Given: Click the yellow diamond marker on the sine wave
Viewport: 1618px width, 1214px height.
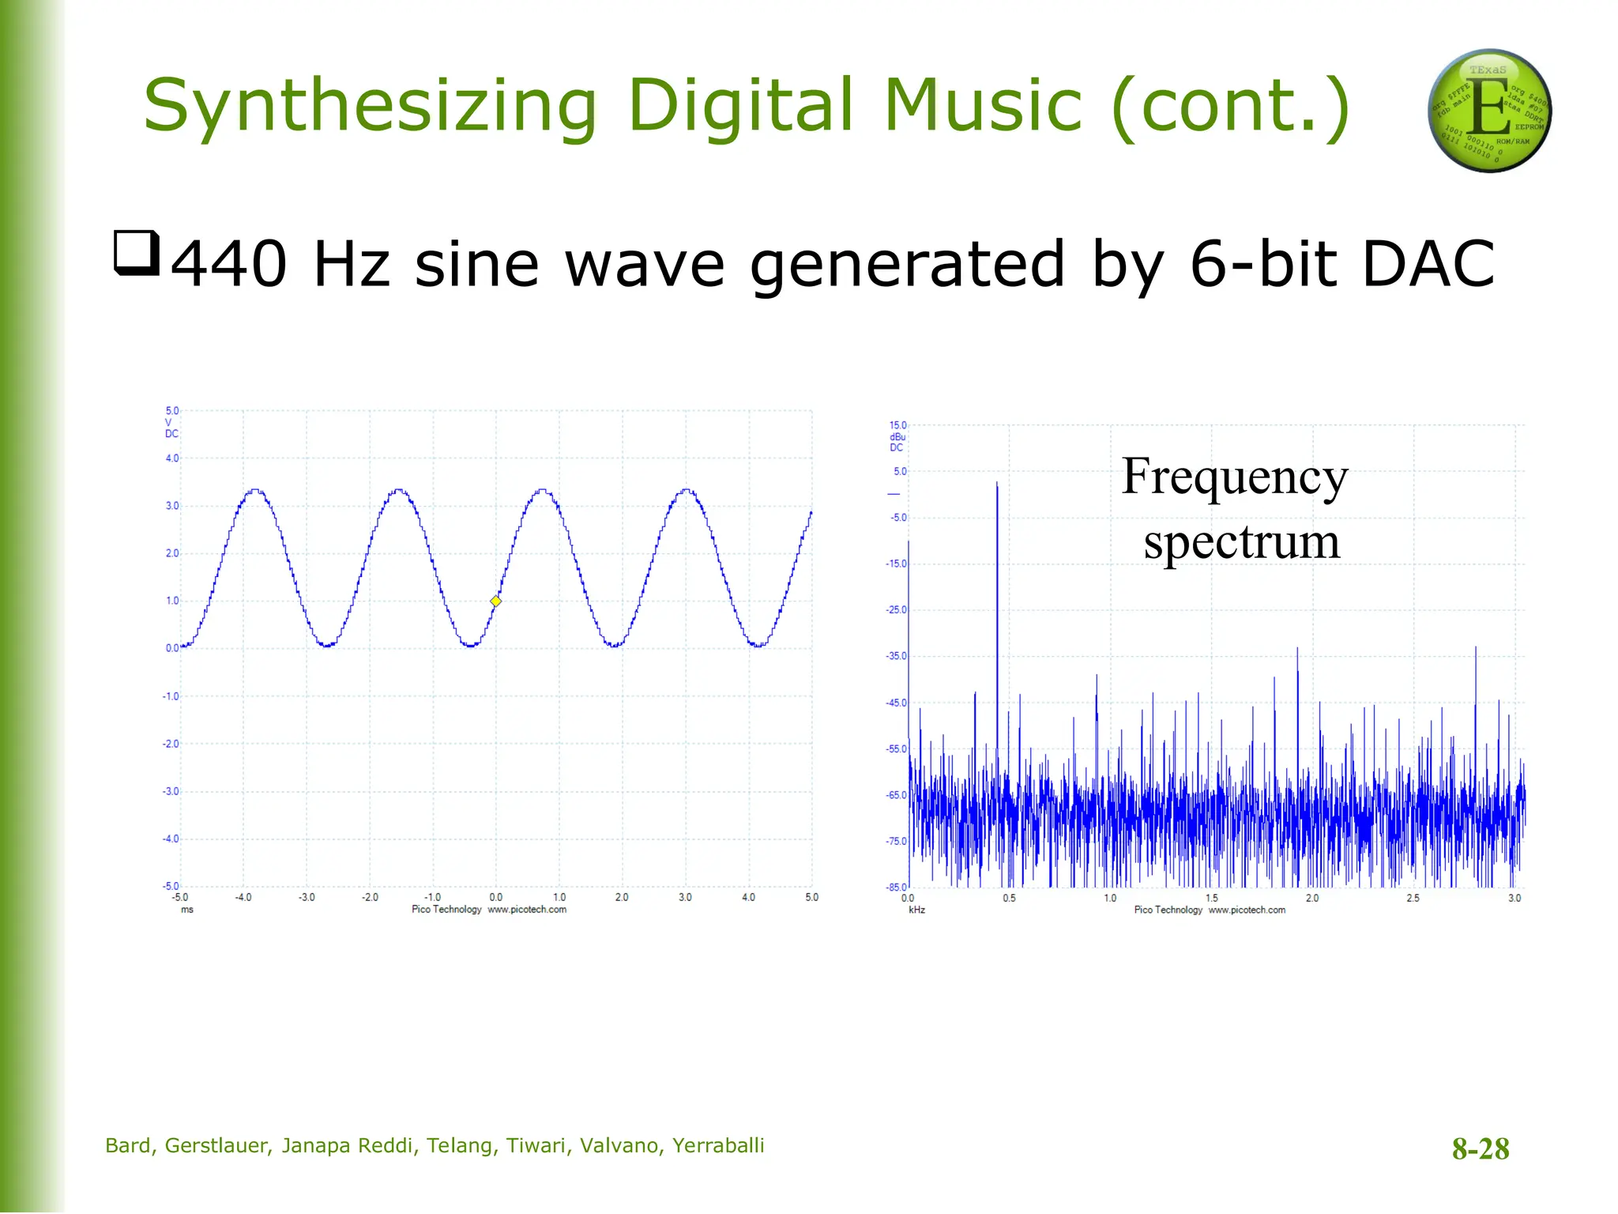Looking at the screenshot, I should pyautogui.click(x=495, y=601).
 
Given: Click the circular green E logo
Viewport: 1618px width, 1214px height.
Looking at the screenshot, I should pyautogui.click(x=1489, y=111).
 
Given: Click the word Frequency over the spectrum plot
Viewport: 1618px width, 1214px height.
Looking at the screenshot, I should pyautogui.click(x=1234, y=477).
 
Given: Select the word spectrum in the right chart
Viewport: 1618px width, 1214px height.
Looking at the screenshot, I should pyautogui.click(x=1241, y=542).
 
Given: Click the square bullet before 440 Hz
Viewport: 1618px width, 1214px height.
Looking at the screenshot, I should pyautogui.click(x=137, y=253).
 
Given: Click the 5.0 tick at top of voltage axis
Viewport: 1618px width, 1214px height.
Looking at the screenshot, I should pyautogui.click(x=172, y=411).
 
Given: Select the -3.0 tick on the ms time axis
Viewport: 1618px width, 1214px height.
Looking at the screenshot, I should pyautogui.click(x=307, y=898).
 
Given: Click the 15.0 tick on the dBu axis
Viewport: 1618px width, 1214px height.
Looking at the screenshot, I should pyautogui.click(x=898, y=425).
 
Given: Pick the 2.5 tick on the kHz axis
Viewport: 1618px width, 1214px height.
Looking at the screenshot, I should pyautogui.click(x=1413, y=899).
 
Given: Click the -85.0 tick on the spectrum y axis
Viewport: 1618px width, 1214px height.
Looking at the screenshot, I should pyautogui.click(x=897, y=888).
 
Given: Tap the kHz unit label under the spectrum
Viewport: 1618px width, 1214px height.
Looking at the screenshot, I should pyautogui.click(x=916, y=910).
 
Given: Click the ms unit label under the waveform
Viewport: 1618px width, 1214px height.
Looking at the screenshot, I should pyautogui.click(x=186, y=910).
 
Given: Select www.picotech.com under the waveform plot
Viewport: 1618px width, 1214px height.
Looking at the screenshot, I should pyautogui.click(x=527, y=910).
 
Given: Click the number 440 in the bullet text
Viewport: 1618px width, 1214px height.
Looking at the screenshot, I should pyautogui.click(x=229, y=264).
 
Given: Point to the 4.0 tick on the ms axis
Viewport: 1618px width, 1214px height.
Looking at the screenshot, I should pyautogui.click(x=748, y=898).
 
